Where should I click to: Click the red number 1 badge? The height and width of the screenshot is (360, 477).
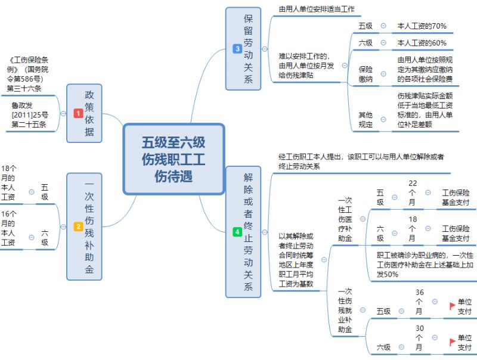pos(78,113)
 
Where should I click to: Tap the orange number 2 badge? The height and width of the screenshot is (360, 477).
pos(78,227)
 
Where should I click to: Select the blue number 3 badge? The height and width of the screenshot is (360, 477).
pos(237,48)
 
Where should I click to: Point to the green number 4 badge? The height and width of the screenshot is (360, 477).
pos(237,232)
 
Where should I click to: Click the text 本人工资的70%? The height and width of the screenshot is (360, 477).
pos(422,26)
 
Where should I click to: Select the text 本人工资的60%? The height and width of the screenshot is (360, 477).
pos(422,43)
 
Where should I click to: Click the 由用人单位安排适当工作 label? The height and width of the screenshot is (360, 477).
pos(317,10)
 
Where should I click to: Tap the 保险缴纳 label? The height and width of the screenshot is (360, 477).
pos(366,74)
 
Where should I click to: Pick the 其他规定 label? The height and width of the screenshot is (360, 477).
pos(366,119)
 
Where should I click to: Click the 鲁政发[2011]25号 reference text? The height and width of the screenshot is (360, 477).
pos(30,114)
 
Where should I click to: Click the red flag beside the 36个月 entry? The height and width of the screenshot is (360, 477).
pos(453,306)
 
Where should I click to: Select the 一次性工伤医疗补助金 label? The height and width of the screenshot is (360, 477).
pos(345,220)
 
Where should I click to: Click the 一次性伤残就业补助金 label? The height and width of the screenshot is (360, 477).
pos(345,311)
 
